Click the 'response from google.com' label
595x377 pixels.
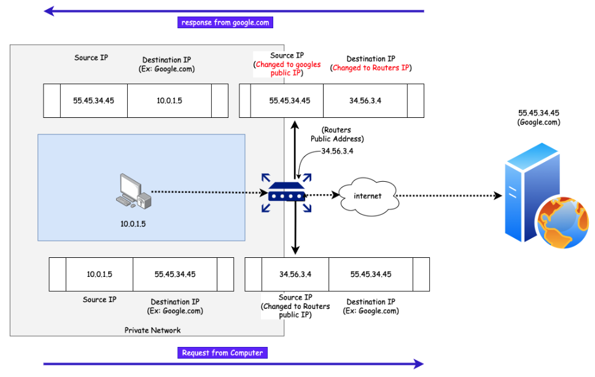[225, 23]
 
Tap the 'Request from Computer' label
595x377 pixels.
[222, 352]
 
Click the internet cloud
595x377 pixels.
[367, 196]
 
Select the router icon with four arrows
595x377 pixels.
[286, 193]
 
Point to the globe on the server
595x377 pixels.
[562, 222]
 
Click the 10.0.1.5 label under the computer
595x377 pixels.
[133, 223]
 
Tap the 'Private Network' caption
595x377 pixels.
[152, 330]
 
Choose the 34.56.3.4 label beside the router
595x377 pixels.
[338, 150]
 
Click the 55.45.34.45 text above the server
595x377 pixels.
[539, 113]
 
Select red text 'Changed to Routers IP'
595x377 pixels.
[371, 68]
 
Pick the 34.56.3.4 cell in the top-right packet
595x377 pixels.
[365, 101]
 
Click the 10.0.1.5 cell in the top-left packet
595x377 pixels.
[169, 101]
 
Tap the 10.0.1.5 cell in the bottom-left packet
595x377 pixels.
[99, 274]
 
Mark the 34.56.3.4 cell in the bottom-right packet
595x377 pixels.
[295, 274]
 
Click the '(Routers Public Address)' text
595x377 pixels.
[337, 134]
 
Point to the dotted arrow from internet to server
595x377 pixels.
[448, 196]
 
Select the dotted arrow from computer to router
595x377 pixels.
[209, 192]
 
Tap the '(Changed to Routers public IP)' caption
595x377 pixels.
[295, 310]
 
